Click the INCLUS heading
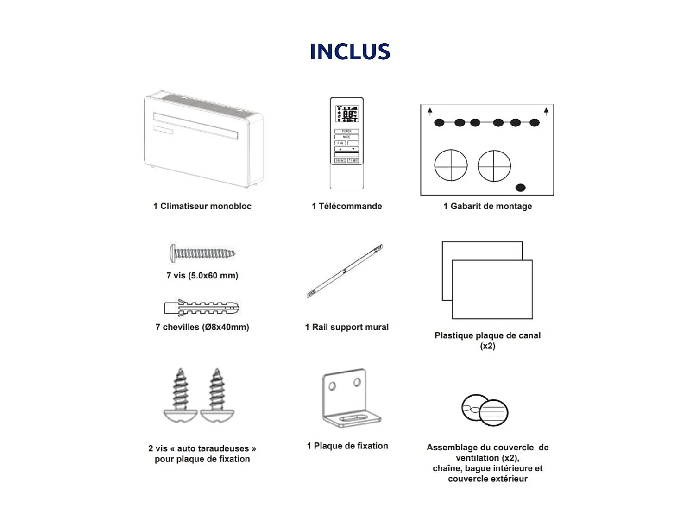coord(350,51)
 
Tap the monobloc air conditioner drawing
coord(204,139)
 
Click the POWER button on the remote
coord(347,131)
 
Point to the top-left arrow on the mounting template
coord(430,111)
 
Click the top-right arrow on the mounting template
coord(546,111)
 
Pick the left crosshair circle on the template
coord(451,165)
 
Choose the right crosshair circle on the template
coord(494,165)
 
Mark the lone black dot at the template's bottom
coord(520,188)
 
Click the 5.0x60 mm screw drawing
coord(202,253)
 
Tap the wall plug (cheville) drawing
coord(202,308)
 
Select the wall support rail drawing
coord(345,271)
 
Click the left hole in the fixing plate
coord(332,386)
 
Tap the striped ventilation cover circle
coord(494,412)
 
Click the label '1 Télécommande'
coord(347,206)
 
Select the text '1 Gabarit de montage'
coord(487,206)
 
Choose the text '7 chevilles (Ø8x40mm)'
coord(202,327)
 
